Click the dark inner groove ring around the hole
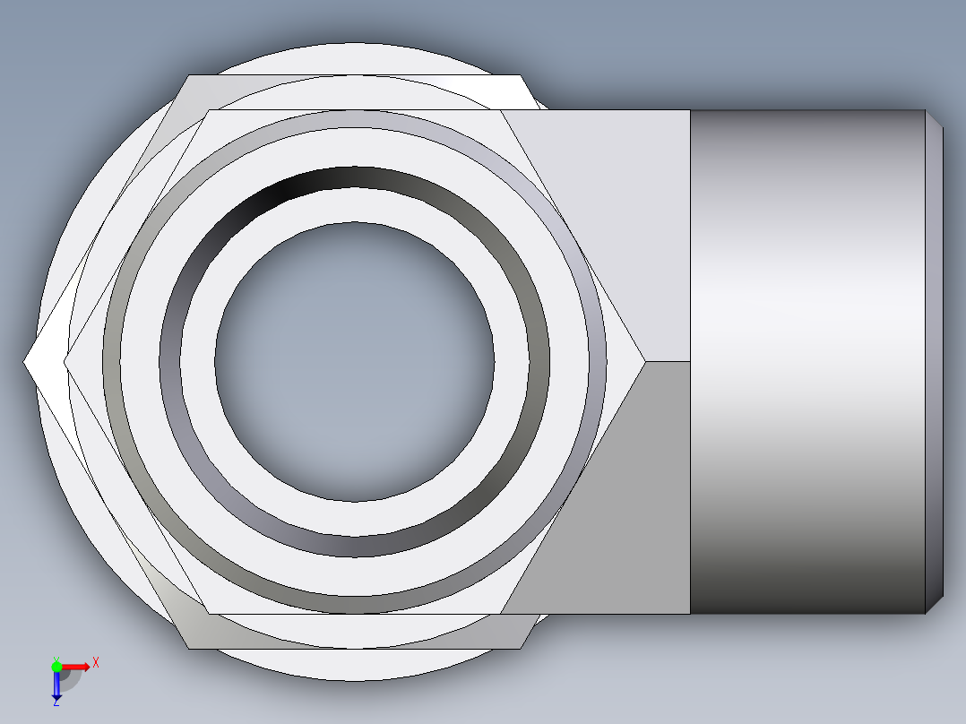[x=354, y=178]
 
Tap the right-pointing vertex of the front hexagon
[x=644, y=361]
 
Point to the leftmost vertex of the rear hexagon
[x=24, y=361]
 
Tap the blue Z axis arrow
[x=56, y=686]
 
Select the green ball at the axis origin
[x=56, y=666]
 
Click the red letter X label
[x=96, y=662]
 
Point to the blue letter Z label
[x=56, y=703]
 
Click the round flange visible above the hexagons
[x=358, y=58]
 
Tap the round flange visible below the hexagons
[x=358, y=664]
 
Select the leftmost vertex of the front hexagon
[x=65, y=361]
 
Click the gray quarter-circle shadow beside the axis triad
[x=72, y=678]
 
